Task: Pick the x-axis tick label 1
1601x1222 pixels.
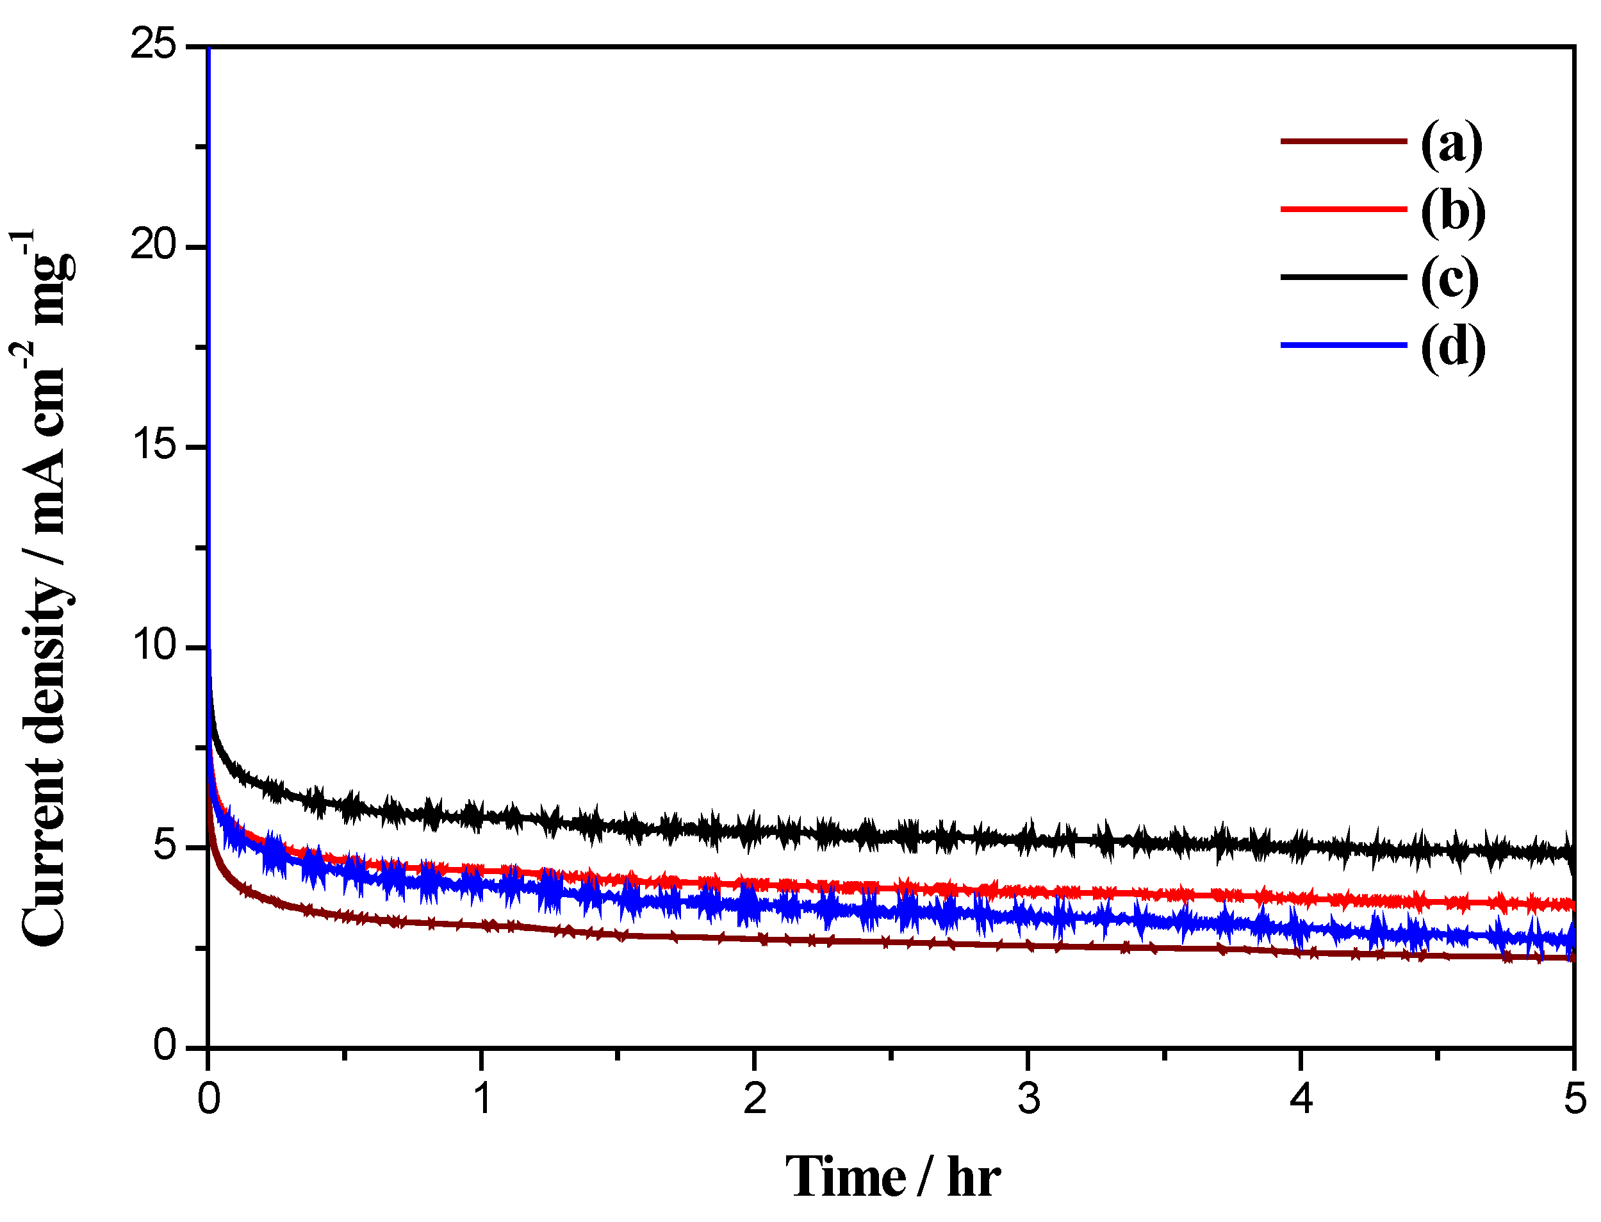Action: point(482,1098)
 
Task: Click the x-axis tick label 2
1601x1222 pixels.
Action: point(755,1098)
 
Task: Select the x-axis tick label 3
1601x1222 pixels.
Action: point(1028,1098)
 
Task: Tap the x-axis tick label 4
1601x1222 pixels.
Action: point(1301,1098)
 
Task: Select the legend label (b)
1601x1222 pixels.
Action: point(1452,211)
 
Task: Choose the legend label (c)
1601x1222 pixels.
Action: point(1450,279)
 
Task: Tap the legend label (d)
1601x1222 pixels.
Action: point(1452,346)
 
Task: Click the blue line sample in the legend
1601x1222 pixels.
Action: point(1343,345)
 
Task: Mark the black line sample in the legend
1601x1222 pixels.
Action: point(1343,277)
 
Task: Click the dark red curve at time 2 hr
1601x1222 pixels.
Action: point(755,939)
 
